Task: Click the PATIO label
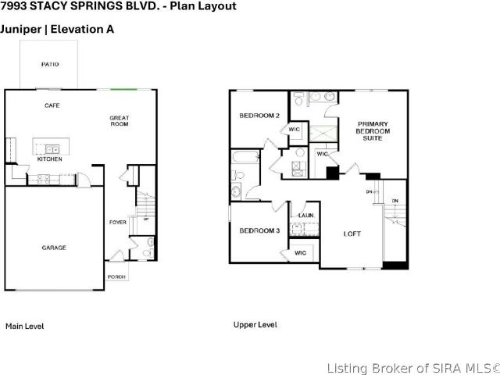tap(50, 64)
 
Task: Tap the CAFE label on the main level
tap(52, 105)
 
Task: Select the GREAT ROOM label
tap(120, 121)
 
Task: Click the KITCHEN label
tap(50, 159)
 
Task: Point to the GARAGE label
tap(54, 248)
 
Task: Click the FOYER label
tap(118, 222)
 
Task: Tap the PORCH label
tap(116, 277)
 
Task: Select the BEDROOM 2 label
tap(259, 116)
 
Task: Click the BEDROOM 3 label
tap(259, 230)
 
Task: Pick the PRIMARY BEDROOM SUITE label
tap(373, 131)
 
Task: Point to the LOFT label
tap(352, 234)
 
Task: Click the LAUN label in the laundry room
tap(305, 216)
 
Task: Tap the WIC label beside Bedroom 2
tap(294, 130)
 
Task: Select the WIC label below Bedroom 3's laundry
tap(300, 253)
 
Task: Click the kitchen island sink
tap(52, 149)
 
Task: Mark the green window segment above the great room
tap(123, 90)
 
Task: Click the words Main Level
tap(25, 327)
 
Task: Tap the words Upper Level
tap(255, 325)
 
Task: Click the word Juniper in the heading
tap(21, 30)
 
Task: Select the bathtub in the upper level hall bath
tap(245, 158)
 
